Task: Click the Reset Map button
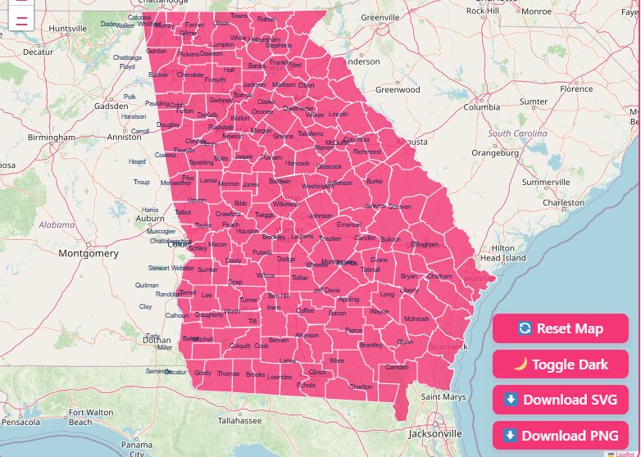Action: pyautogui.click(x=561, y=328)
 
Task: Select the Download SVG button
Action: pyautogui.click(x=561, y=400)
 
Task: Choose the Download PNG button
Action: pyautogui.click(x=561, y=435)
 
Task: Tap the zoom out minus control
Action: pyautogui.click(x=22, y=19)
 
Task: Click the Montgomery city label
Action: pyautogui.click(x=89, y=254)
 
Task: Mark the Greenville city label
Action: pyautogui.click(x=380, y=17)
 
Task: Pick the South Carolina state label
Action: pyautogui.click(x=517, y=133)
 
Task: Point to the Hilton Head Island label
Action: pyautogui.click(x=502, y=253)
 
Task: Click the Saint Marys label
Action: pyautogui.click(x=443, y=397)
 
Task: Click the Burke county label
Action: pyautogui.click(x=374, y=181)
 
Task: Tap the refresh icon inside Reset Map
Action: pyautogui.click(x=525, y=328)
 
